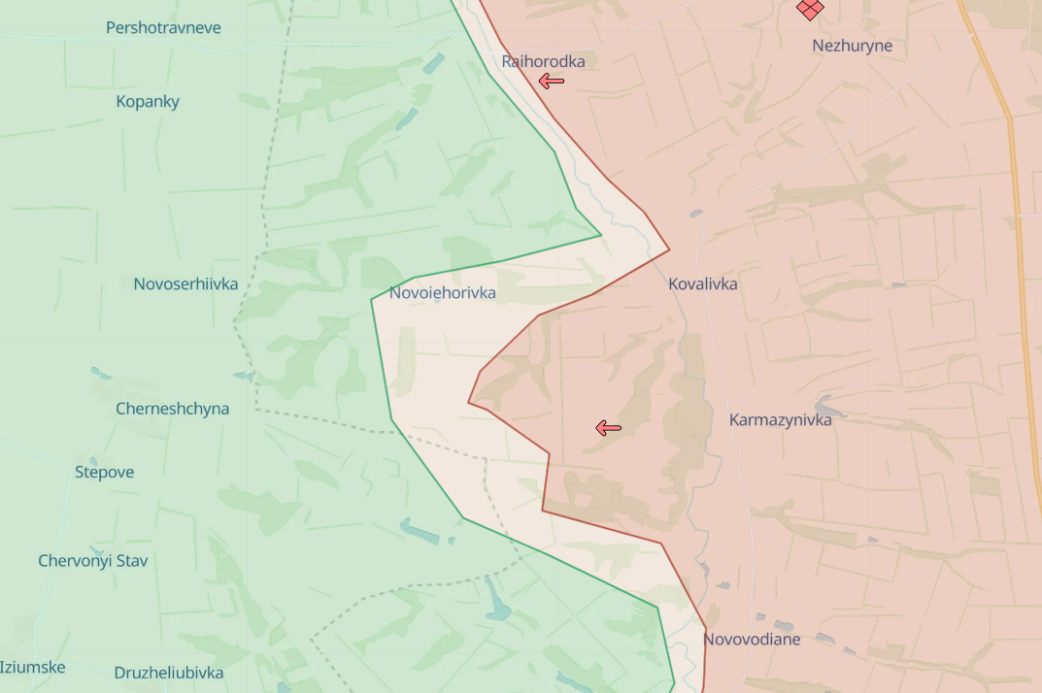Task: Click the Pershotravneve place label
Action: coord(163,27)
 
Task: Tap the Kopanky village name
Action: coord(148,101)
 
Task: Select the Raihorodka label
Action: coord(543,61)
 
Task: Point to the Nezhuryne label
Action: coord(852,46)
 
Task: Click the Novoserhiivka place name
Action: coord(185,283)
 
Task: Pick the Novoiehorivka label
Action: coord(442,292)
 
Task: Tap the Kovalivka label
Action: coord(702,283)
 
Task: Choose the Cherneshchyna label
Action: coord(172,408)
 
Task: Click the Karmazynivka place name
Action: coord(780,419)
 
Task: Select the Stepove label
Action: coord(104,472)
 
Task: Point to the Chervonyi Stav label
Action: coord(92,560)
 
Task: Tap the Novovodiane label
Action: coord(752,639)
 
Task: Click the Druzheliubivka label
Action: coord(168,672)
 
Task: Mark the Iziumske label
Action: coord(32,667)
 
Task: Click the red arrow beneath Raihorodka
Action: coord(552,82)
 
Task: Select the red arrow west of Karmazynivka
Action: coord(608,427)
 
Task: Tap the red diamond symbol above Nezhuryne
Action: coord(809,8)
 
